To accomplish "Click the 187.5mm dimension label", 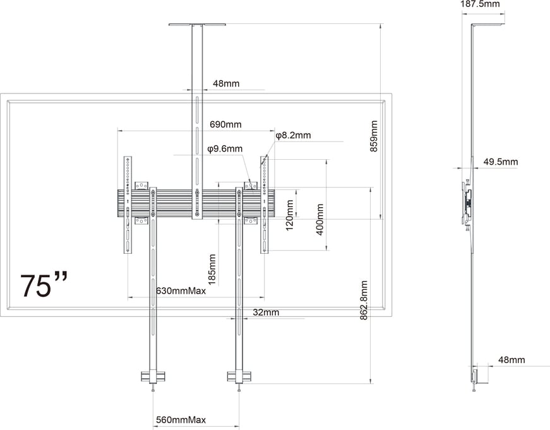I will [x=480, y=4].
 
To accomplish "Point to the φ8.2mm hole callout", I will [x=292, y=136].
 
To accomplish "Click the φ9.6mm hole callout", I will [x=224, y=149].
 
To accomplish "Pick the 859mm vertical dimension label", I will [x=374, y=136].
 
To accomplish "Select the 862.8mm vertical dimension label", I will [x=364, y=302].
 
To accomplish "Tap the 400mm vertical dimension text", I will [x=320, y=219].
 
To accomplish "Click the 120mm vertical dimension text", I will [x=290, y=215].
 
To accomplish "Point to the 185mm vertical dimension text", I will [x=212, y=269].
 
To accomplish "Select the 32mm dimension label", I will [x=266, y=312].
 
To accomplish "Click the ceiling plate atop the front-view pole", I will [x=197, y=25].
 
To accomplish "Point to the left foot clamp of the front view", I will [x=152, y=377].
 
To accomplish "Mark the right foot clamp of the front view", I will [x=239, y=377].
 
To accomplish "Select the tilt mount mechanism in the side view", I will [x=467, y=202].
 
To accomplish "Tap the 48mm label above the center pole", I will [x=225, y=83].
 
